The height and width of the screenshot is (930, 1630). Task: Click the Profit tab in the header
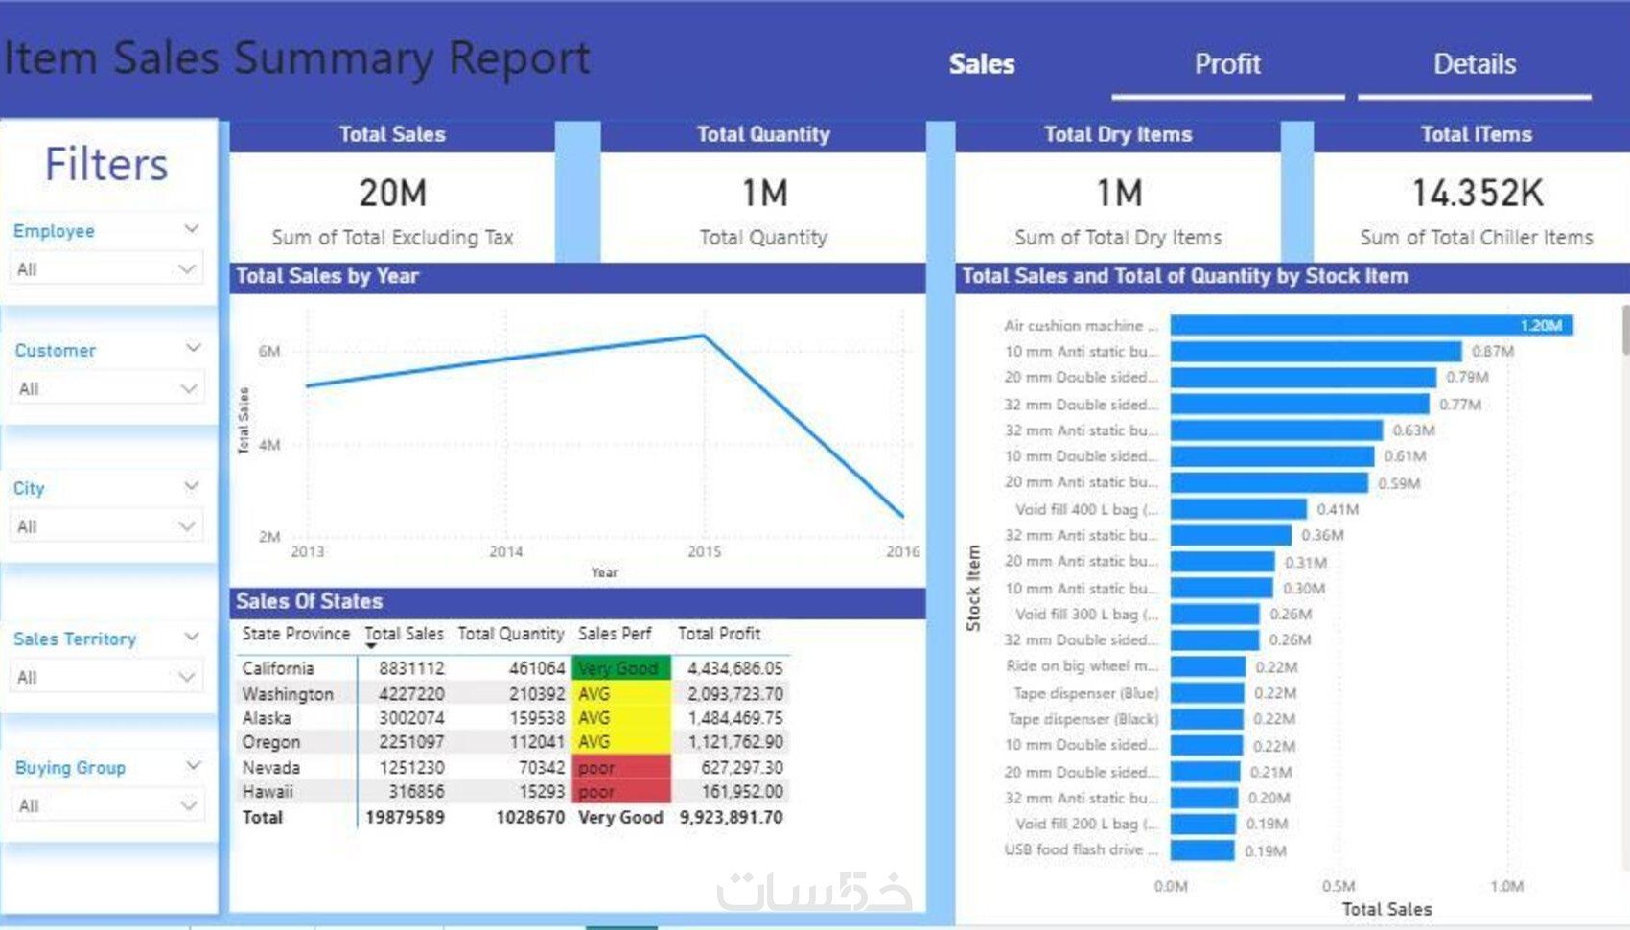click(x=1226, y=64)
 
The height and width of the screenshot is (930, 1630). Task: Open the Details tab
click(x=1474, y=64)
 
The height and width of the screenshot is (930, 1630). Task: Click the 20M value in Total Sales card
click(x=392, y=193)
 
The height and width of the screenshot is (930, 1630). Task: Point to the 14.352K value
click(x=1477, y=193)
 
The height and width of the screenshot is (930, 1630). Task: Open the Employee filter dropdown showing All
click(x=105, y=269)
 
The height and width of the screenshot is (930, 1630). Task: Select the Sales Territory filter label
click(x=75, y=639)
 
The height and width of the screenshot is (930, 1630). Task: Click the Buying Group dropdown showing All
click(x=105, y=805)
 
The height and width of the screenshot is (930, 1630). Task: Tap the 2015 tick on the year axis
click(x=704, y=551)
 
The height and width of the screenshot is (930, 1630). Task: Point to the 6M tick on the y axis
click(x=269, y=352)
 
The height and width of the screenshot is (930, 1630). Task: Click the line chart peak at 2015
click(x=704, y=336)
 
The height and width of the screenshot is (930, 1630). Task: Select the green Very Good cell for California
click(x=620, y=668)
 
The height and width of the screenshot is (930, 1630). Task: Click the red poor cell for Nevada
click(x=620, y=768)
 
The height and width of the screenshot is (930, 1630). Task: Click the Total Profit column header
click(x=719, y=634)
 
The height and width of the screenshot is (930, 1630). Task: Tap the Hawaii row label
click(x=268, y=792)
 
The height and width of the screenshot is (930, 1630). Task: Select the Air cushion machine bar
click(x=1371, y=326)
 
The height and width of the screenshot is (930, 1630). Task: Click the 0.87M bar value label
click(x=1493, y=352)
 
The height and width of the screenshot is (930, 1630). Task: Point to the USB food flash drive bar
click(x=1202, y=850)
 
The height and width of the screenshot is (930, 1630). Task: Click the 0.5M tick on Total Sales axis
click(x=1339, y=886)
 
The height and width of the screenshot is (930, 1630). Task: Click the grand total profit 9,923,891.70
click(x=731, y=818)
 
